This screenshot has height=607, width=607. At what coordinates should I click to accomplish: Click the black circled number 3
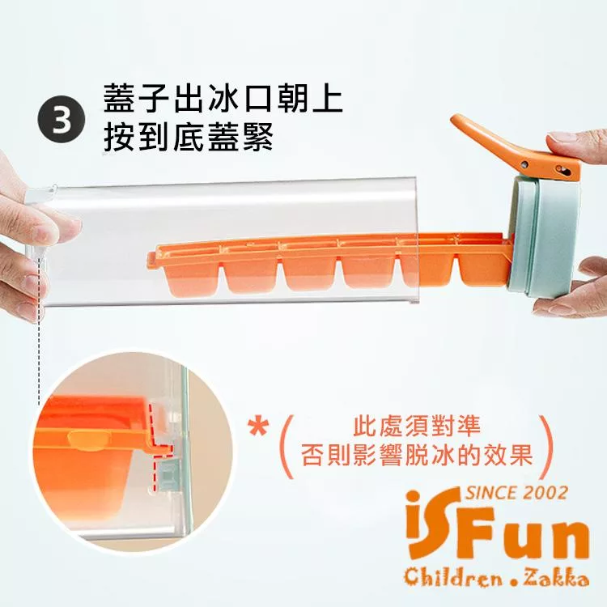coord(61,120)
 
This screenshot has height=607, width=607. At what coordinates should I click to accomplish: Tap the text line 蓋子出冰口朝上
coord(223,98)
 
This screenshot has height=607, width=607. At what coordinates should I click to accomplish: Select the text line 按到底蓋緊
coord(189,137)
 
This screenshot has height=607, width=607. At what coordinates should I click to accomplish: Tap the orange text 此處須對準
coord(417,425)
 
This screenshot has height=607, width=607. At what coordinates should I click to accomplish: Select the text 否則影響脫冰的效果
coord(417,455)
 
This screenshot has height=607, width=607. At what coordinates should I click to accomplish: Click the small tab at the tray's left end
coord(152,260)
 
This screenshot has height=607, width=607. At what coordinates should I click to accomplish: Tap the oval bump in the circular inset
coord(88,440)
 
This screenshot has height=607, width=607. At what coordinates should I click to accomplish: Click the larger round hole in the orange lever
coord(561,169)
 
